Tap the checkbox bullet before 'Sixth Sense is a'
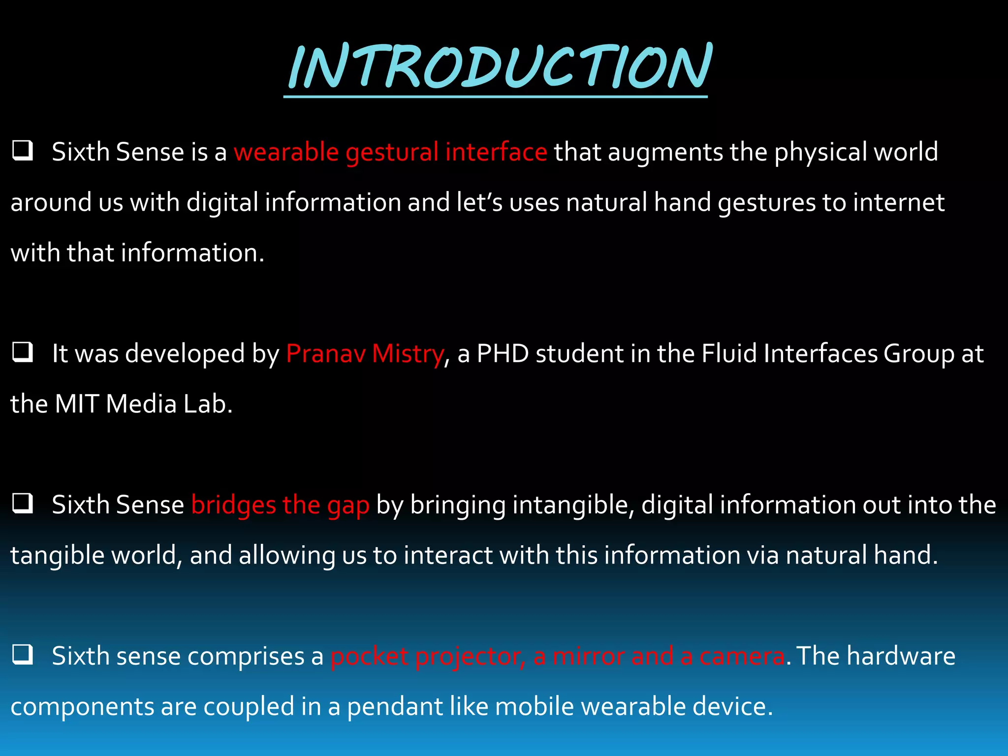click(x=23, y=151)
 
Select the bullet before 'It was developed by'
click(x=23, y=353)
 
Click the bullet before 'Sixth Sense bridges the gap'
click(x=23, y=504)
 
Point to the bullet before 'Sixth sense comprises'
click(x=23, y=655)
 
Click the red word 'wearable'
click(x=286, y=152)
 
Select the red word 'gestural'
click(x=392, y=153)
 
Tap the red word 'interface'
click(x=496, y=152)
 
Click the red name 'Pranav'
click(x=326, y=353)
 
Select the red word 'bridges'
click(x=233, y=505)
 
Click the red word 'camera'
click(x=742, y=656)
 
